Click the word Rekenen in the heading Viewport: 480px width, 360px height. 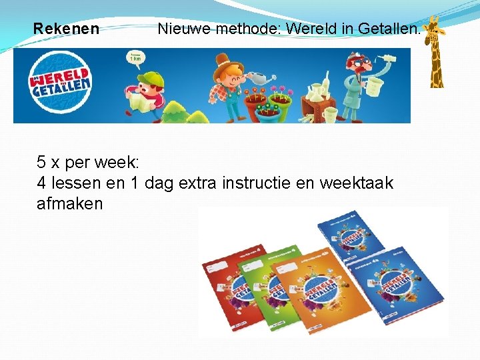(x=66, y=29)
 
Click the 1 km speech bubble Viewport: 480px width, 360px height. (x=135, y=57)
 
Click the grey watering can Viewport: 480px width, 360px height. (x=263, y=79)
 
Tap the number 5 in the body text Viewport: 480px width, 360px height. (x=41, y=162)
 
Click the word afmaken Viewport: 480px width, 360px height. (x=69, y=204)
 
